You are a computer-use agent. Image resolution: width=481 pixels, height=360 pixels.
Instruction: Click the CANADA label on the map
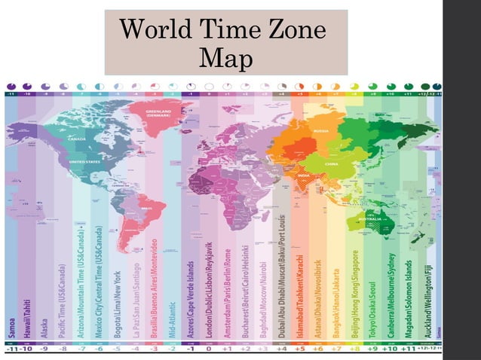click(x=78, y=139)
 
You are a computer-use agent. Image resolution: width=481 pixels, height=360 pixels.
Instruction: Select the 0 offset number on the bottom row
click(x=207, y=349)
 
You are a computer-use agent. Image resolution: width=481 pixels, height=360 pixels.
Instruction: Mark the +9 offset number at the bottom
click(x=371, y=349)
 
